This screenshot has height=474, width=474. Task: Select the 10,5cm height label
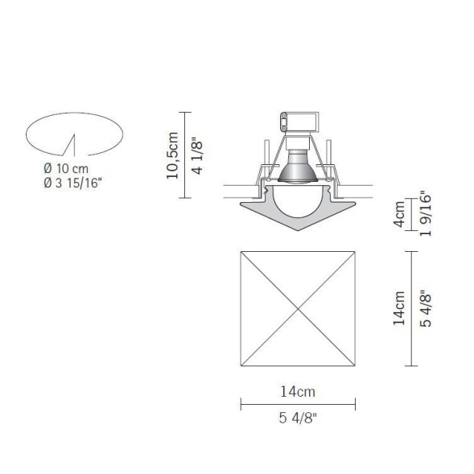(x=172, y=155)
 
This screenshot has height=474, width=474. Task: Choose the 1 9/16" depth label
(x=426, y=215)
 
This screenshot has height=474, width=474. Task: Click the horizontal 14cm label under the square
(x=298, y=392)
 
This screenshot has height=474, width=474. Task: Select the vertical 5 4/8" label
(x=427, y=308)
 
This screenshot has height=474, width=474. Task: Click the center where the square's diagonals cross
(x=298, y=308)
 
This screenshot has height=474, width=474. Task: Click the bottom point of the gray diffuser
(x=297, y=231)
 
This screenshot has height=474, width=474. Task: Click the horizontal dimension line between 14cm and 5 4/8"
(x=298, y=405)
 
